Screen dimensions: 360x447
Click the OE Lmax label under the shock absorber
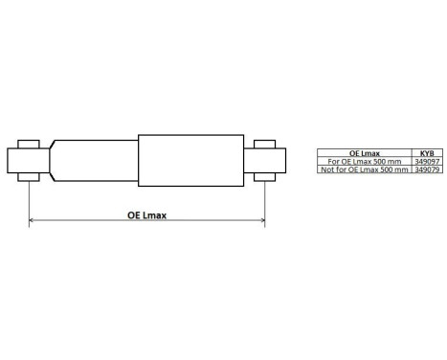(x=146, y=215)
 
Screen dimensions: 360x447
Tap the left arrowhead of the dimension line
(x=33, y=222)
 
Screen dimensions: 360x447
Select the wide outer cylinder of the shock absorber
(x=189, y=159)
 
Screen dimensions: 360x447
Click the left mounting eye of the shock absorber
(x=28, y=159)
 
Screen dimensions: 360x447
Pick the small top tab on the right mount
(x=265, y=144)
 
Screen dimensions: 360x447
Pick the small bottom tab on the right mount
(x=265, y=175)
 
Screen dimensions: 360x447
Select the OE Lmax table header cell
(x=364, y=152)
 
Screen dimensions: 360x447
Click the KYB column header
(x=425, y=152)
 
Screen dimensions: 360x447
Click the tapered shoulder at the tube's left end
(x=55, y=159)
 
